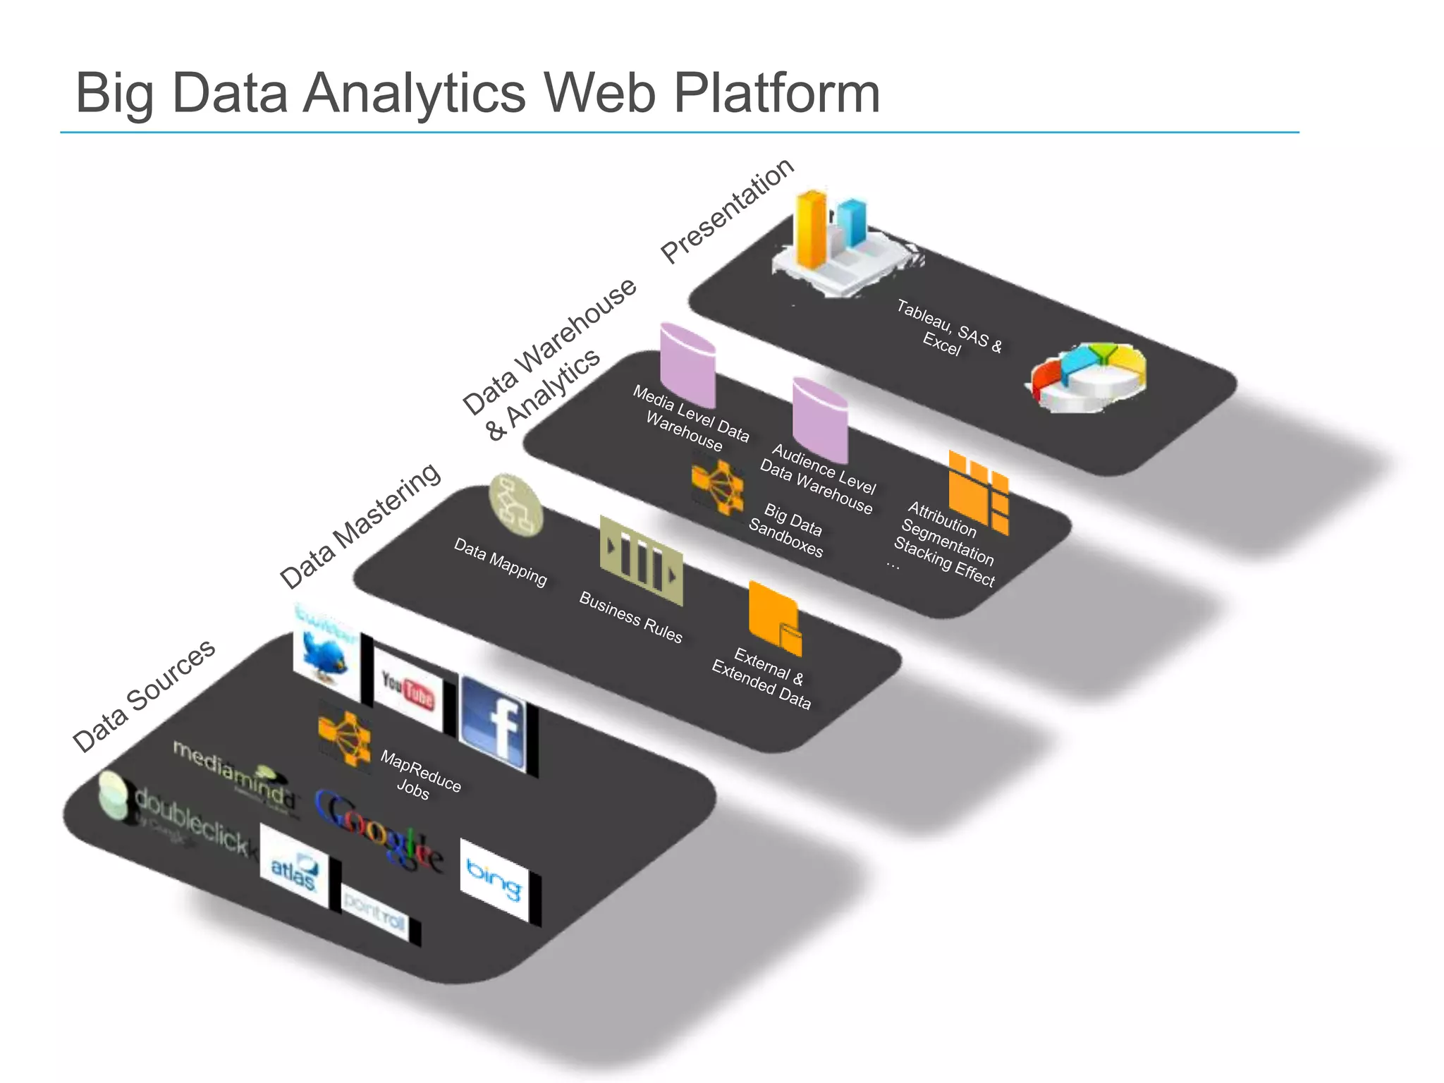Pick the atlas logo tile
(295, 867)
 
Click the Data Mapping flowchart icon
(516, 505)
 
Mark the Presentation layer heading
(728, 210)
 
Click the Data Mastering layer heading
(360, 526)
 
